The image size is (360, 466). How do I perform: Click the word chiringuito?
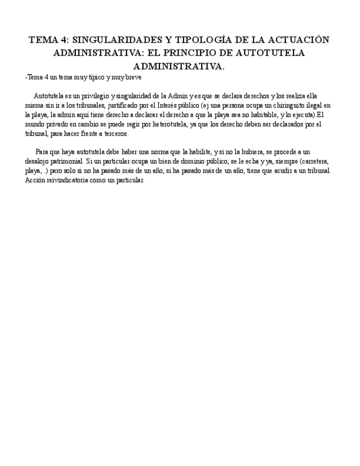271,106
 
